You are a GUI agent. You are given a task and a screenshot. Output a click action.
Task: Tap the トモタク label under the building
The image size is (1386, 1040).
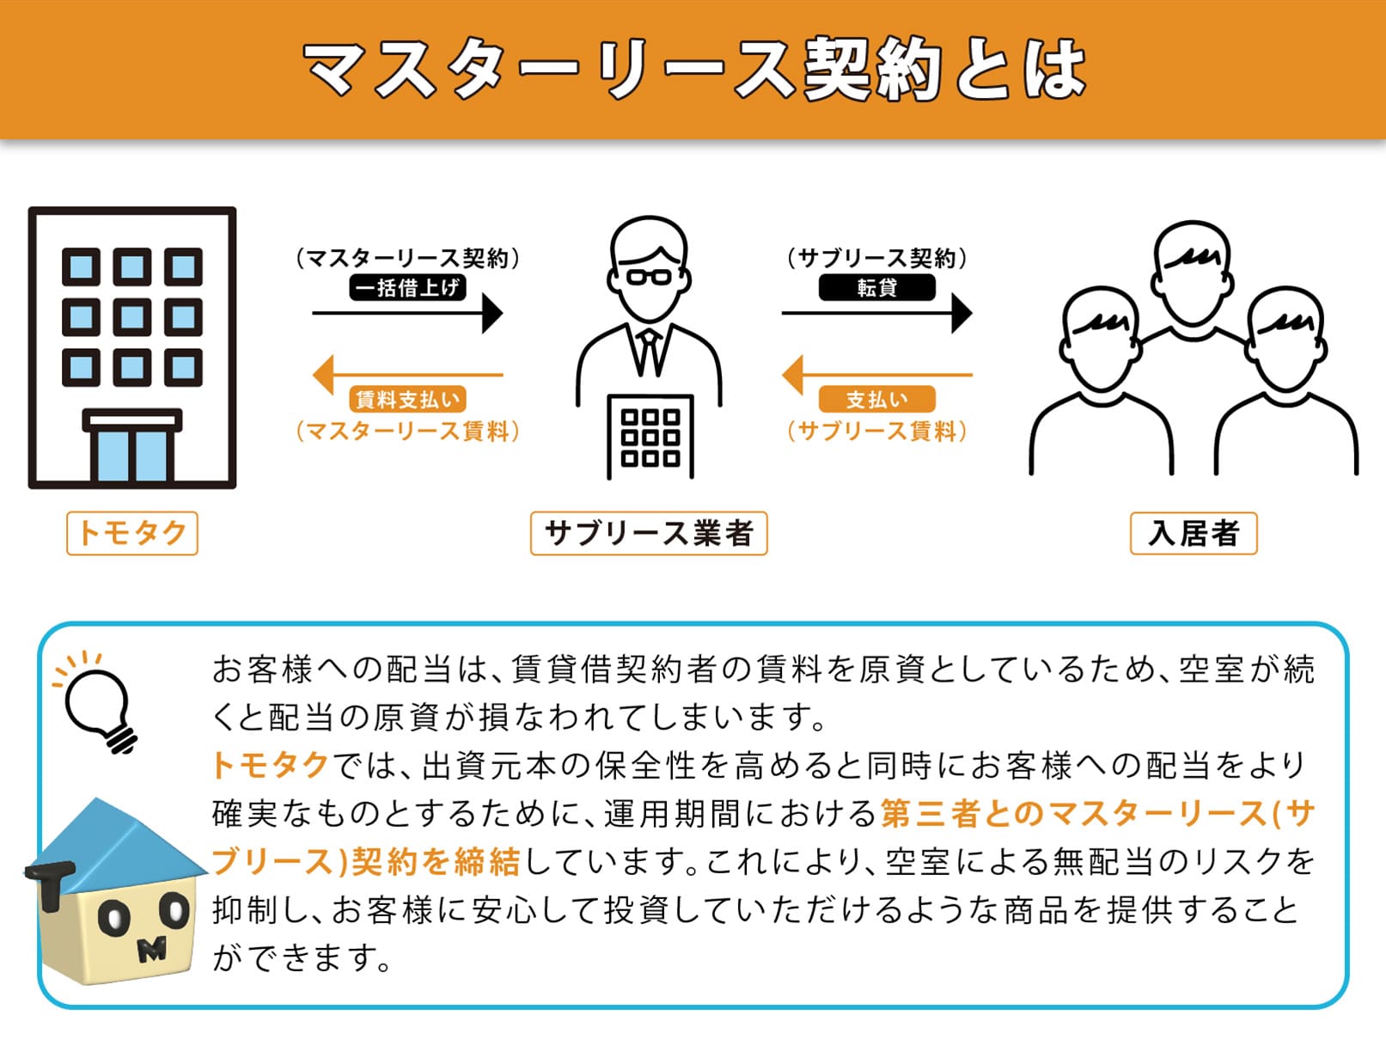[132, 534]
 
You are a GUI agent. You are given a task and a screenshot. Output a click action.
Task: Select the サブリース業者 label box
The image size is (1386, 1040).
[649, 534]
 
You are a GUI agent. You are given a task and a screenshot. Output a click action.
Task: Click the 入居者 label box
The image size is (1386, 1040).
[1194, 534]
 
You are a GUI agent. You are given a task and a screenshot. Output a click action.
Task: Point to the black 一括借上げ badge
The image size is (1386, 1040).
[408, 288]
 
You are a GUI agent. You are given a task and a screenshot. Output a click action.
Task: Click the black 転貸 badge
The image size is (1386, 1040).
[877, 288]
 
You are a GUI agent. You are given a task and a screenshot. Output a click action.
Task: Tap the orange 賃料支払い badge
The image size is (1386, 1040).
[408, 399]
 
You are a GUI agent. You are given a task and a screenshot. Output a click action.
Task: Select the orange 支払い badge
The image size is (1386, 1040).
[877, 399]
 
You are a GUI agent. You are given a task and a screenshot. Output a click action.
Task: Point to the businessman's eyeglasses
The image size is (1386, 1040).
[649, 278]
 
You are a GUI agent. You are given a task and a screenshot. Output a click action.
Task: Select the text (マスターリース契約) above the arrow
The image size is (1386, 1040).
[408, 258]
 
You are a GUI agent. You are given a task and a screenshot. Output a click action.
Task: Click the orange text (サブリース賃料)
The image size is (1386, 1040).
[877, 431]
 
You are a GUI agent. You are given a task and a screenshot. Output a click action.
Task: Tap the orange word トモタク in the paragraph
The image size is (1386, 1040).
[271, 765]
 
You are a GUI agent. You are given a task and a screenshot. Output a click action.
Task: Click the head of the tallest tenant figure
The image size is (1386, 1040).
[1192, 272]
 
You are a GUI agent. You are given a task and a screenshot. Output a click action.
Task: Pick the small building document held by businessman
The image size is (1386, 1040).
[650, 437]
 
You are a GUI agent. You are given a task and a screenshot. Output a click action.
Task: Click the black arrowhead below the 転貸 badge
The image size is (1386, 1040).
[962, 313]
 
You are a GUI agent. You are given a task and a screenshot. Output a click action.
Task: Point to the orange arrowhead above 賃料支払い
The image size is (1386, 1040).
[323, 375]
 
